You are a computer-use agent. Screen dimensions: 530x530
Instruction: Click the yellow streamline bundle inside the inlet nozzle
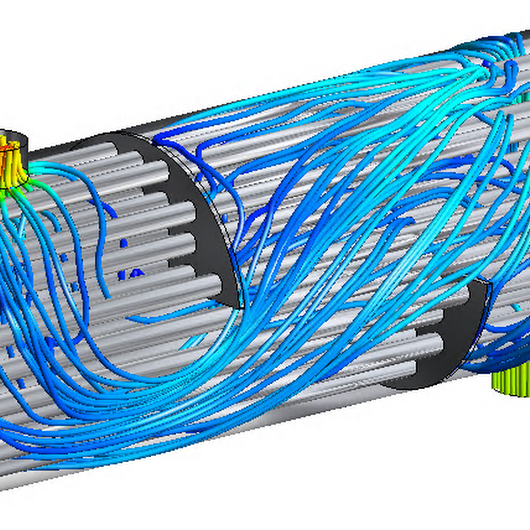[11, 162]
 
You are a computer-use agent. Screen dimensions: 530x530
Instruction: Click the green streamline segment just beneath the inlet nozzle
[28, 187]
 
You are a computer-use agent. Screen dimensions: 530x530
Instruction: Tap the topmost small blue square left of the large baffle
[124, 243]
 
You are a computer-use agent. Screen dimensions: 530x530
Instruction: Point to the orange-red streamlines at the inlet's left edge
[3, 159]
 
